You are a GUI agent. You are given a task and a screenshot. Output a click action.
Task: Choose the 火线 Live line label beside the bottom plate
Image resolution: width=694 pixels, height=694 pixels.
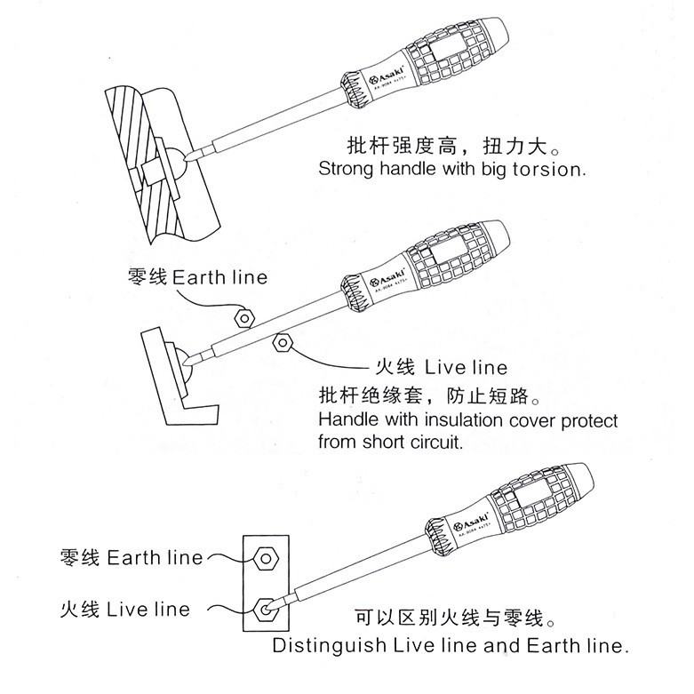[x=124, y=610]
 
